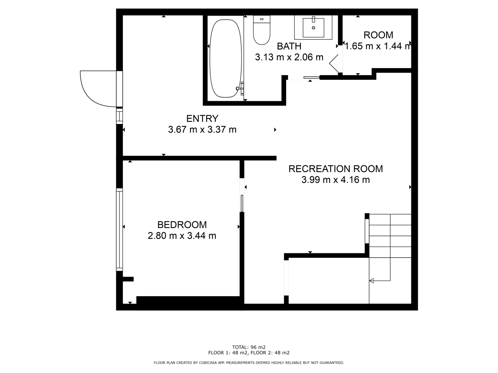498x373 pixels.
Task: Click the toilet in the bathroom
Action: click(x=261, y=30)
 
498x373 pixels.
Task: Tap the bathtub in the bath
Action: click(x=226, y=58)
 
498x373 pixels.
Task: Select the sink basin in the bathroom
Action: click(x=313, y=28)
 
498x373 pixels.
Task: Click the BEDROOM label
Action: click(x=182, y=225)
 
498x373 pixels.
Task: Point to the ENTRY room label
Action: click(x=202, y=119)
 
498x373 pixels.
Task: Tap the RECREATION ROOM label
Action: click(x=336, y=169)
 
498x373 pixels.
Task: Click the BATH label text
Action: click(x=289, y=46)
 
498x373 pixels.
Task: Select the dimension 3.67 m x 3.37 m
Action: click(x=202, y=130)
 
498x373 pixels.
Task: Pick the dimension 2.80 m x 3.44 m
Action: click(x=182, y=236)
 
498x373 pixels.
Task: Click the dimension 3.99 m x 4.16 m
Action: click(x=336, y=180)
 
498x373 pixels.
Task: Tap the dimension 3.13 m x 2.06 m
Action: click(x=289, y=57)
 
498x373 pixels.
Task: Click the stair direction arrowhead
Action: click(x=371, y=281)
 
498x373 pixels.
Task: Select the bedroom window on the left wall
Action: click(x=119, y=230)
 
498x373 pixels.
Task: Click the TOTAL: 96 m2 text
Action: click(x=249, y=347)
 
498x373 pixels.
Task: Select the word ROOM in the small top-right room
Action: click(x=378, y=35)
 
